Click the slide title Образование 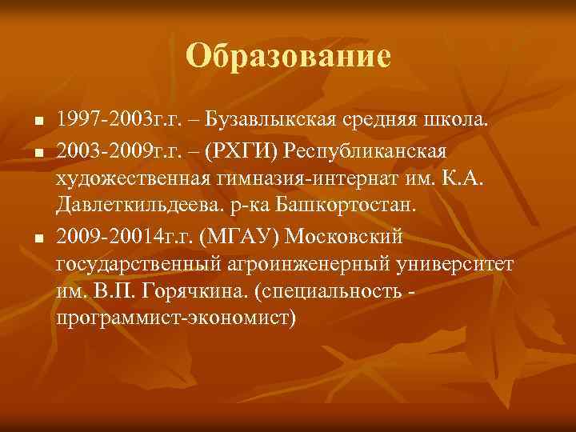click(x=288, y=56)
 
